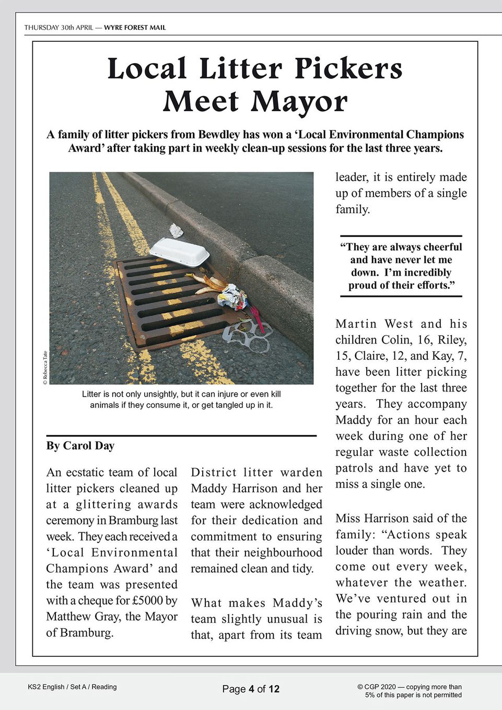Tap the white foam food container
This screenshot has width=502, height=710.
tap(180, 252)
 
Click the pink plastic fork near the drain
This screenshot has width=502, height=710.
tap(258, 319)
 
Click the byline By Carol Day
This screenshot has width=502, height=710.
tap(80, 446)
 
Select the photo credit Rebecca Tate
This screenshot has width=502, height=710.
tap(45, 368)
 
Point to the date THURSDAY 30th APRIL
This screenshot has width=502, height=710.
tap(59, 28)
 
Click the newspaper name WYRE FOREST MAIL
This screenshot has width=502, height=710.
tap(135, 28)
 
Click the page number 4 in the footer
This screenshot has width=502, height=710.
tap(251, 689)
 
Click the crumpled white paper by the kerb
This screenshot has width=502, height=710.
tap(176, 230)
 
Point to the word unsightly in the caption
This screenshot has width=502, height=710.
tap(157, 394)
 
